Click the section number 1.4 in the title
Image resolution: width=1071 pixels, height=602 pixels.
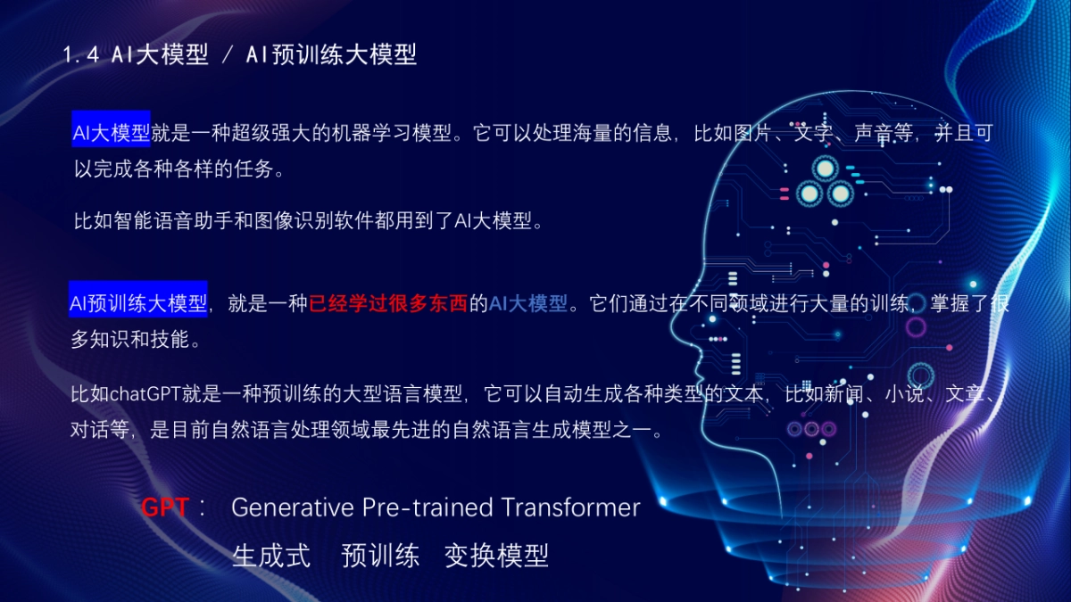[80, 55]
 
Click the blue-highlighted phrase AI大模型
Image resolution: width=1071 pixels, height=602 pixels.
[112, 134]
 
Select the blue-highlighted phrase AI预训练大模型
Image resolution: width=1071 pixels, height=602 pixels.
[138, 304]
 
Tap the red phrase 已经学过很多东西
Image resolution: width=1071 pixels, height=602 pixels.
[388, 304]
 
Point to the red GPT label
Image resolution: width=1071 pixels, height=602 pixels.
[165, 507]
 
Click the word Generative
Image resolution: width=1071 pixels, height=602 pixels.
[292, 507]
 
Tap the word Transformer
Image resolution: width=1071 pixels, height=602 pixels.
[570, 507]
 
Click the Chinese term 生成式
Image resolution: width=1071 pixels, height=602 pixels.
[271, 556]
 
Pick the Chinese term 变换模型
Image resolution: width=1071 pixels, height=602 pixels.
[496, 556]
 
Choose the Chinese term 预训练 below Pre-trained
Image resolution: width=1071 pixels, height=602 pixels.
[380, 556]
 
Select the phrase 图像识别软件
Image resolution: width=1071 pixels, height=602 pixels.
[357, 220]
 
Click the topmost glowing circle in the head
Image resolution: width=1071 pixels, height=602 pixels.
[824, 168]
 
